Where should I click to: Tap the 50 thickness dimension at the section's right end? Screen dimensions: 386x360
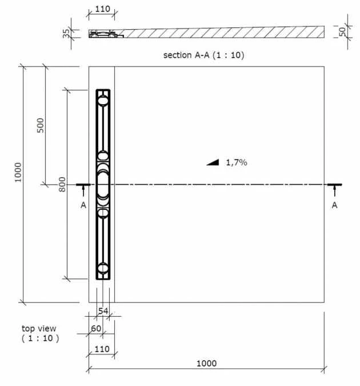point(342,31)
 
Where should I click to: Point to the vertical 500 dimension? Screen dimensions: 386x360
point(41,125)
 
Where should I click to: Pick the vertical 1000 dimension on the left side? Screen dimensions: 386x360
point(18,172)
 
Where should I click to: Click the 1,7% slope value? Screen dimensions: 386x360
point(236,162)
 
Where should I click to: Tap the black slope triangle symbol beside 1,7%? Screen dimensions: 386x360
point(213,163)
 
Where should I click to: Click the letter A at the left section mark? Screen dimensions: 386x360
point(83,205)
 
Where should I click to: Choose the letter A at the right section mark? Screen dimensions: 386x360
point(334,205)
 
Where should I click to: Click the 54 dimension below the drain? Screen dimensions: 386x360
point(103,311)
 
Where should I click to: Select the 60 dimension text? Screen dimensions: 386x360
point(96,328)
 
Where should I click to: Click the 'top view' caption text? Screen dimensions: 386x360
point(39,328)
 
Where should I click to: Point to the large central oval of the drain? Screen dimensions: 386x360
point(103,185)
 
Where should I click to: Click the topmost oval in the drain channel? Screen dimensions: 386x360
point(103,101)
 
